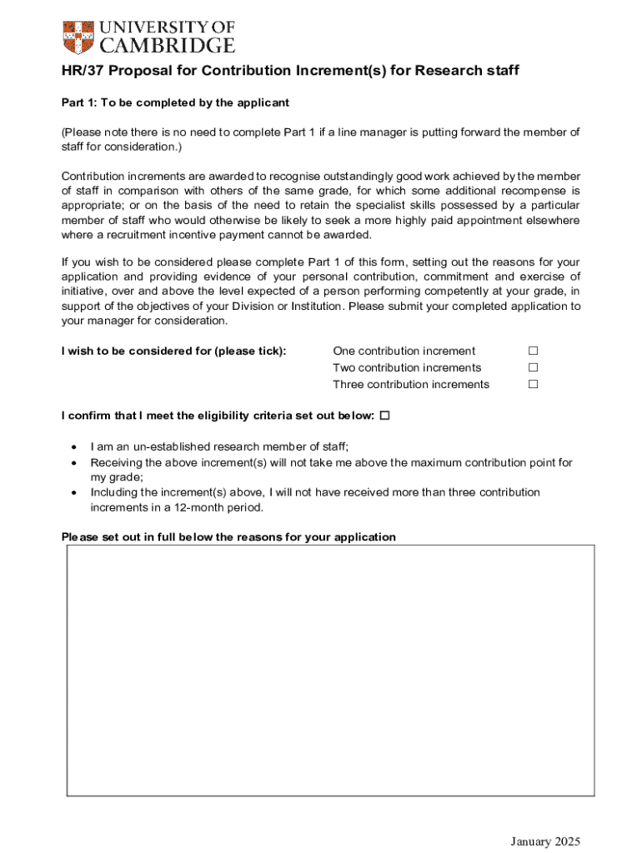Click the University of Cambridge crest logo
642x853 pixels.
point(78,36)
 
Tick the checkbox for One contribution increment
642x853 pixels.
point(533,351)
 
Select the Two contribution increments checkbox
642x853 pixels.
point(533,367)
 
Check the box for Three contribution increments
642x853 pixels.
point(533,384)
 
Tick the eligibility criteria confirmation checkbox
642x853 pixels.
point(384,416)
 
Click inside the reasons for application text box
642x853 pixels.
point(330,670)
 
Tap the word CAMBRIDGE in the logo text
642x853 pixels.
point(167,45)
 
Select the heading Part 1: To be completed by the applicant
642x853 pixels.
point(175,102)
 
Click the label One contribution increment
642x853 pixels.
point(404,351)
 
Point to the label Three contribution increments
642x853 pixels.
point(411,384)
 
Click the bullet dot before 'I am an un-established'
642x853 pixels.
point(74,447)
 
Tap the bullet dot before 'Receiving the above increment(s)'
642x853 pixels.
point(74,462)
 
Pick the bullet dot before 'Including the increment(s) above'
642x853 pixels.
point(74,492)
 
